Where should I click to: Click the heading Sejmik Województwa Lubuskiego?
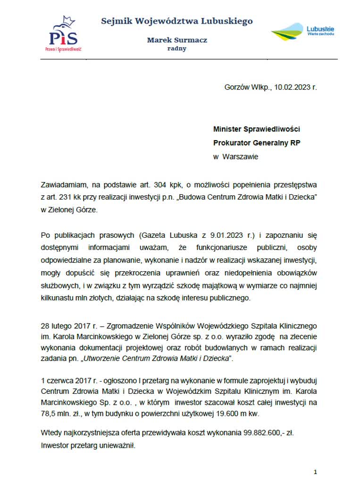[x=177, y=21]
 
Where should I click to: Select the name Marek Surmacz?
[x=177, y=40]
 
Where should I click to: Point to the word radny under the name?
[x=177, y=49]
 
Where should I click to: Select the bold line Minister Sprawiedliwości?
[x=257, y=129]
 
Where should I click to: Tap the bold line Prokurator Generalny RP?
[x=256, y=143]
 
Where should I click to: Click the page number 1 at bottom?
[x=315, y=472]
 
